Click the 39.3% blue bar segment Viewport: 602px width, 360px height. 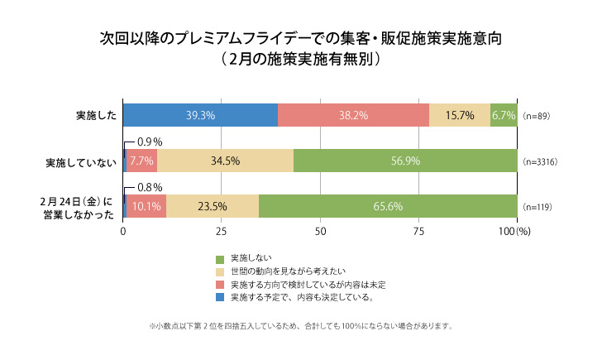[200, 116]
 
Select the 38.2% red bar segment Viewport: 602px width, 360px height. [353, 116]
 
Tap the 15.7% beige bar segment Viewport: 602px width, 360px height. [460, 116]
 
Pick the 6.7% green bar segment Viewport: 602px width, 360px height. [504, 116]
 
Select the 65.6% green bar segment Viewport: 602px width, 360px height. [388, 207]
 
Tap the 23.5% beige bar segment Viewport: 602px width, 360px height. [213, 207]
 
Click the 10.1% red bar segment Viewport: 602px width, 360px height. [146, 207]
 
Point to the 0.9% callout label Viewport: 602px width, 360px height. [149, 142]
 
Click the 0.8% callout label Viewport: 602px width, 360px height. [149, 187]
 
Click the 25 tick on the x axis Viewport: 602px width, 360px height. [221, 232]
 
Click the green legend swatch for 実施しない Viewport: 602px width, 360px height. [220, 259]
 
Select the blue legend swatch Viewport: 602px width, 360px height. [220, 295]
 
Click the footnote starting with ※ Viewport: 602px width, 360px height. [301, 325]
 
